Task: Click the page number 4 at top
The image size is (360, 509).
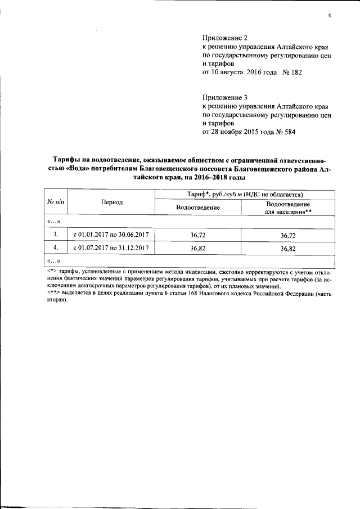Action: click(329, 15)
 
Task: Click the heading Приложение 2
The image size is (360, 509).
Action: click(220, 38)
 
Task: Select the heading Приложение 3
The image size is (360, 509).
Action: click(220, 97)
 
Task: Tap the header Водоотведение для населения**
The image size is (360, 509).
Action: click(286, 208)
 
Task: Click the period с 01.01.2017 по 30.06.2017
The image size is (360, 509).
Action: click(110, 233)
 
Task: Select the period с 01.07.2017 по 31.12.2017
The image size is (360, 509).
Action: click(110, 247)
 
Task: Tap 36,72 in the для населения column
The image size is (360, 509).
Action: click(287, 233)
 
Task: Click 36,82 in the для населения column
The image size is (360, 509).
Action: click(287, 247)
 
